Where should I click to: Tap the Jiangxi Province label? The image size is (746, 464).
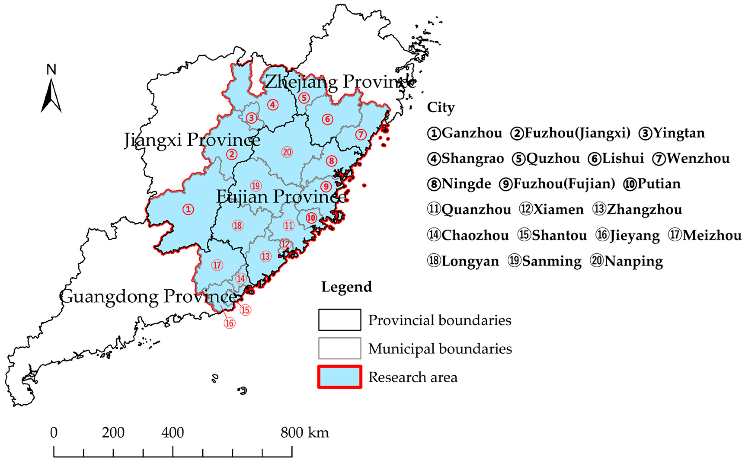(192, 140)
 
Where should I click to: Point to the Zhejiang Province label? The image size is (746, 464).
(340, 82)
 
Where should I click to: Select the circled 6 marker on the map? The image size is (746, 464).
(327, 119)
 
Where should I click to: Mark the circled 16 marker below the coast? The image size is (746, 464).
(230, 323)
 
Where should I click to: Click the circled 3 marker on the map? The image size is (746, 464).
(251, 118)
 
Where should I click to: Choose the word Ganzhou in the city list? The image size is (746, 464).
(472, 133)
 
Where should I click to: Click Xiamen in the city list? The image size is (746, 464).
(558, 210)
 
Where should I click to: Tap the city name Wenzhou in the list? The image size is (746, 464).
(698, 159)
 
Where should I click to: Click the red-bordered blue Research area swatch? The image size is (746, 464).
(339, 377)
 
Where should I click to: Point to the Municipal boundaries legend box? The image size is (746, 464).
(339, 348)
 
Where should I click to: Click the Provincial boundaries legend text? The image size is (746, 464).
(440, 320)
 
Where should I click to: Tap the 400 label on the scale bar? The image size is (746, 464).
(173, 432)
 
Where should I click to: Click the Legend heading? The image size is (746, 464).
(347, 287)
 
